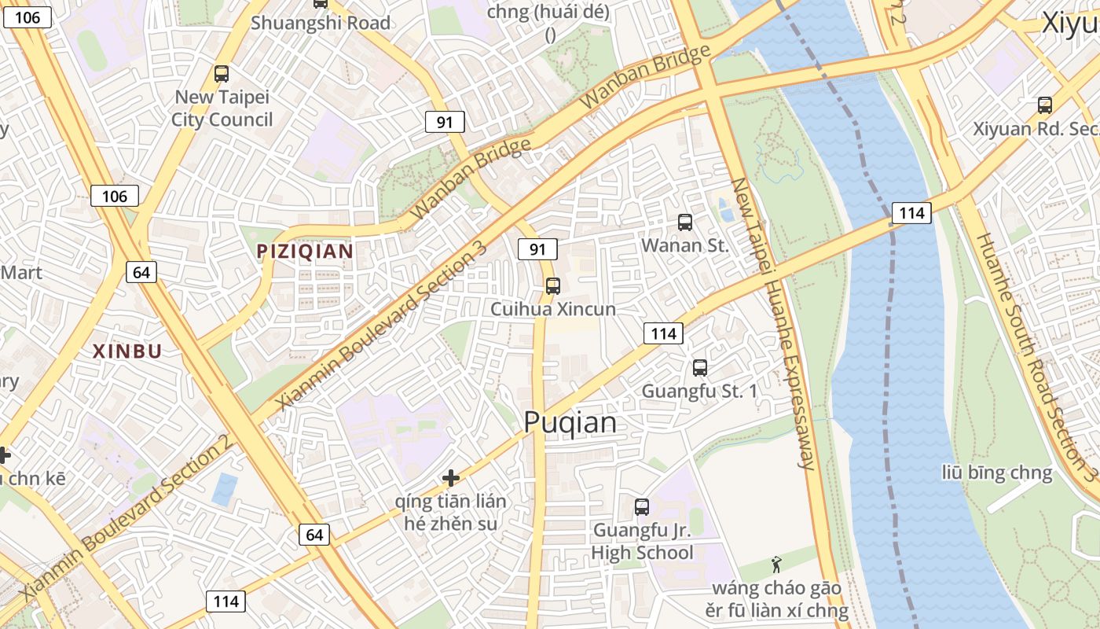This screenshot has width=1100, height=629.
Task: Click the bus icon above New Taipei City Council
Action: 222,74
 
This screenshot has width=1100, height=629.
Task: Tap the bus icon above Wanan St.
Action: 685,223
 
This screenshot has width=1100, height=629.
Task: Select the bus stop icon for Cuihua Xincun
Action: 553,286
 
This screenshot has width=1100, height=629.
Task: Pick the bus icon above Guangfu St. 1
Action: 700,367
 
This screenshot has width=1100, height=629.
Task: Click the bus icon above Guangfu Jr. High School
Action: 642,507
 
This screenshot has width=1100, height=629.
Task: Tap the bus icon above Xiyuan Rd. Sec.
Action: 1045,105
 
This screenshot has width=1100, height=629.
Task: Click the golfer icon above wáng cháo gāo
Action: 776,564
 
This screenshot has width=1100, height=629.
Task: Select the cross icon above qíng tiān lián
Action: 451,477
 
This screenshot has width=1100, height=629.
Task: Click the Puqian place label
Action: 570,423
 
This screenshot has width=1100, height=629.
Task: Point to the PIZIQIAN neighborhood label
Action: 305,252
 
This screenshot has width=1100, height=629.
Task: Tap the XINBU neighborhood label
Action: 127,351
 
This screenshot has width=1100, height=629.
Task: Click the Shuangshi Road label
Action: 321,23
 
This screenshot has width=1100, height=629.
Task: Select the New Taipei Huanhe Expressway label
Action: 773,322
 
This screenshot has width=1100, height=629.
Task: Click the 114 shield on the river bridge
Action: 911,212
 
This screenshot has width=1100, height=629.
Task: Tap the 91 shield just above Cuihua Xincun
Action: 537,250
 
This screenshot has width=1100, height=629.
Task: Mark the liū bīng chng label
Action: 997,473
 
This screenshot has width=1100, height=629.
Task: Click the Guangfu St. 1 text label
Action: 699,391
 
